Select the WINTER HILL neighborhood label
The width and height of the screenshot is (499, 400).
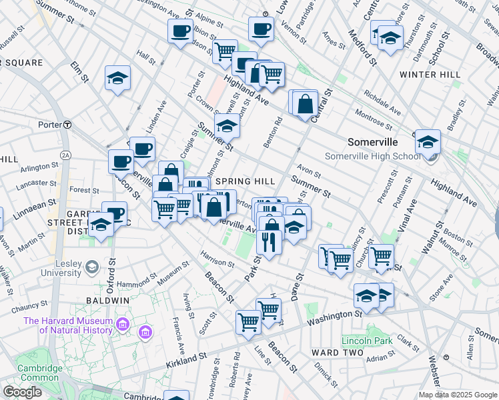tap(430, 75)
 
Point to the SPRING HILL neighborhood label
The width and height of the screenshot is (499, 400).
tap(246, 181)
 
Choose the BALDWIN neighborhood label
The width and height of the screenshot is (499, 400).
tap(107, 300)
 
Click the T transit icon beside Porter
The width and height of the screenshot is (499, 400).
tap(67, 125)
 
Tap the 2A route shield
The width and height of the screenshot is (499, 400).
tap(65, 155)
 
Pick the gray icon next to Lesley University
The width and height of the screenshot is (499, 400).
tap(91, 267)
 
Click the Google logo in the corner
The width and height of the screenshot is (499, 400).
tap(22, 391)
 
